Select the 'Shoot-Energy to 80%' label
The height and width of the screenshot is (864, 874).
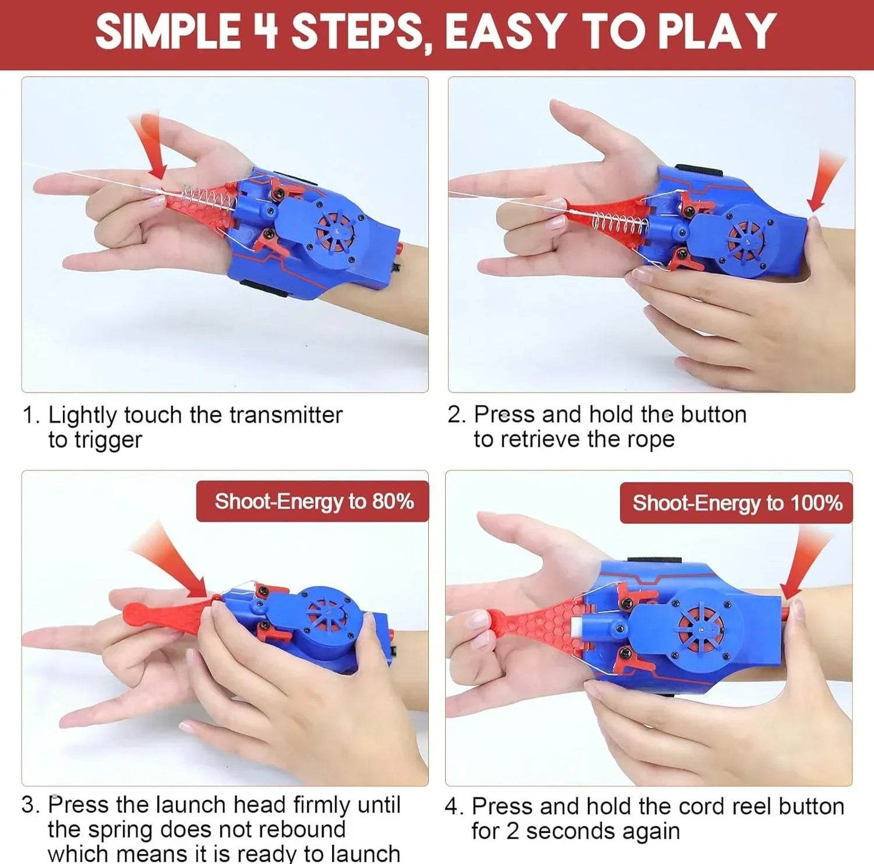[313, 502]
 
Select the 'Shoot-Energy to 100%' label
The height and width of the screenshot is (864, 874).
[737, 503]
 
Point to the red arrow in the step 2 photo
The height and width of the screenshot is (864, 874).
[824, 181]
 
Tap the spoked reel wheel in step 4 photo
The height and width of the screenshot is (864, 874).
[700, 630]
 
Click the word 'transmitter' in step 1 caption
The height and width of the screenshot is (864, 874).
[285, 415]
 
